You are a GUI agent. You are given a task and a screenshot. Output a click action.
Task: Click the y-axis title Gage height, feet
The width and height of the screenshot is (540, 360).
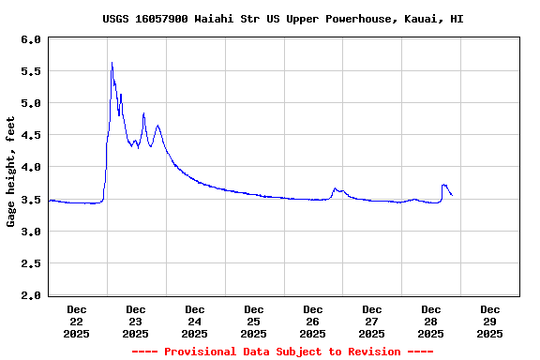[x=11, y=172]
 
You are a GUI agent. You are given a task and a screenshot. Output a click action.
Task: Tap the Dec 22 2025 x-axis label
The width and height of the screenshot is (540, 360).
[x=77, y=321]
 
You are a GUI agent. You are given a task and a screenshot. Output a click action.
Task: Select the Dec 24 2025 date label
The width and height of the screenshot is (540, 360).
[x=194, y=321]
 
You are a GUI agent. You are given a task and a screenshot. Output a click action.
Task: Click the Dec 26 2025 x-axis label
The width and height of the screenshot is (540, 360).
[x=312, y=321]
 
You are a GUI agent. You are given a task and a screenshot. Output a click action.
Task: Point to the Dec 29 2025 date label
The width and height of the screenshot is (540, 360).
[x=489, y=321]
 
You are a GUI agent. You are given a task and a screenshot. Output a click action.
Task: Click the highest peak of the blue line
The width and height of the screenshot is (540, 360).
[x=112, y=63]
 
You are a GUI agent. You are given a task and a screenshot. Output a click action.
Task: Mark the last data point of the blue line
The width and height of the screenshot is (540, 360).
[x=452, y=195]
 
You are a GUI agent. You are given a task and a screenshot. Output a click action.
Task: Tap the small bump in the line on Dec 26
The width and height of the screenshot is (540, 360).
[x=335, y=188]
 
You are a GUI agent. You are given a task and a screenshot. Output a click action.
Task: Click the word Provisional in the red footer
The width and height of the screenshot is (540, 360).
[x=201, y=352]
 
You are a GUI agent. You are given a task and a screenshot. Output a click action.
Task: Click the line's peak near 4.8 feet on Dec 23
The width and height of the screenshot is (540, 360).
[x=143, y=113]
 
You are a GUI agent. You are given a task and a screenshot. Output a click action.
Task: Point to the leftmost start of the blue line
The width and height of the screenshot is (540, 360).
[x=48, y=200]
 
